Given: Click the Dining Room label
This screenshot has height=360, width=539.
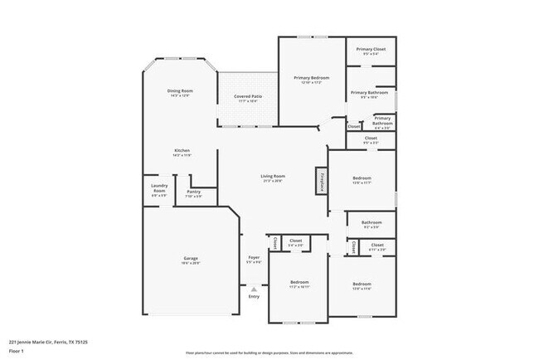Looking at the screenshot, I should [180, 90].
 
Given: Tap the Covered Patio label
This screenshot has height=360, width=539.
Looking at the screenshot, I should [247, 96].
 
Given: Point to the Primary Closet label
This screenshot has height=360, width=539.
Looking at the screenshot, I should [370, 50].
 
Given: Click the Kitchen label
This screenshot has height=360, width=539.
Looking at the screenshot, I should [182, 151].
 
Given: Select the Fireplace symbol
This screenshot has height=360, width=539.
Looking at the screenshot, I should [319, 180].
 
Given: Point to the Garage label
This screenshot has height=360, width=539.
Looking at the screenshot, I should [190, 260].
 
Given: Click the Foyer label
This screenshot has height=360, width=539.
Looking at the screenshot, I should [254, 258].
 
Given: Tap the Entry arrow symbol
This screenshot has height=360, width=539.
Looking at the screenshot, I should [254, 289].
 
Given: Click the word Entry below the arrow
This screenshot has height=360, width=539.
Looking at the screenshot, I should [254, 296].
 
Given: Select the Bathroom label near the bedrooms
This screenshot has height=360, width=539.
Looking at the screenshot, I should [371, 222].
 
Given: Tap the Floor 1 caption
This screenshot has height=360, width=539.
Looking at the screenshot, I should [17, 352].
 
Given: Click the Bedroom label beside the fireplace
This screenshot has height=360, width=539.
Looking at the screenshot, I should [362, 178].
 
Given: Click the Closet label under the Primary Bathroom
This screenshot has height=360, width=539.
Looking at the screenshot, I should [371, 139].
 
